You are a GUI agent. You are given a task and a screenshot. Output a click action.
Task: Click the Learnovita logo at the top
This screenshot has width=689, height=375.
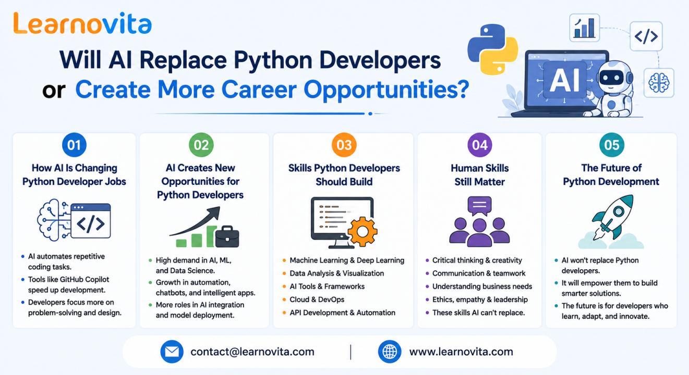pyautogui.click(x=82, y=23)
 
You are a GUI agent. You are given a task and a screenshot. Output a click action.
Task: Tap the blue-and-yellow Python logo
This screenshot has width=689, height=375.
pyautogui.click(x=493, y=49)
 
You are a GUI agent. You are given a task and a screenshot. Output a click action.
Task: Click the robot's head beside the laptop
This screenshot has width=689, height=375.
pyautogui.click(x=613, y=76)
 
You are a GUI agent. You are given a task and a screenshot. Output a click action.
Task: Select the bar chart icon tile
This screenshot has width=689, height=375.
pyautogui.click(x=584, y=28)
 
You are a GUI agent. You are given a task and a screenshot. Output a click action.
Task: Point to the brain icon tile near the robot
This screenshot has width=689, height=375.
pyautogui.click(x=659, y=83)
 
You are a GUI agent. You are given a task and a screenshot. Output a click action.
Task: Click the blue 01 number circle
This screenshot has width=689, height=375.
pyautogui.click(x=74, y=145)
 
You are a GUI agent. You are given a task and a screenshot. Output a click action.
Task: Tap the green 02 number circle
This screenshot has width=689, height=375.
pyautogui.click(x=201, y=145)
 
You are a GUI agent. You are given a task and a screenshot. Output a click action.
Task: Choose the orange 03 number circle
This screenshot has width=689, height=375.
pyautogui.click(x=344, y=145)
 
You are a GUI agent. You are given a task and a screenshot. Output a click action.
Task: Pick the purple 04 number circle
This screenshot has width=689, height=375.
pyautogui.click(x=479, y=145)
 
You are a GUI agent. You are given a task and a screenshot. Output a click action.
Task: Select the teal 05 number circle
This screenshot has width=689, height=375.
pyautogui.click(x=611, y=145)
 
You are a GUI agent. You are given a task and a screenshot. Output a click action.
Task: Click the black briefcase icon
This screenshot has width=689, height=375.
pyautogui.click(x=227, y=237)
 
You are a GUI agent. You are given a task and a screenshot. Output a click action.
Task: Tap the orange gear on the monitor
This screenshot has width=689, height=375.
pyautogui.click(x=362, y=232)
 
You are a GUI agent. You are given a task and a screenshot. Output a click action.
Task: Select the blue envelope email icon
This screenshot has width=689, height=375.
pyautogui.click(x=172, y=352)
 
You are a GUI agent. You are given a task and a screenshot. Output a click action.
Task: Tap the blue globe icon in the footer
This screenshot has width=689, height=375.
pyautogui.click(x=390, y=352)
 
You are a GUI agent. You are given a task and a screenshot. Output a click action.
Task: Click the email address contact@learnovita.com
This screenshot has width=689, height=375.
pyautogui.click(x=252, y=352)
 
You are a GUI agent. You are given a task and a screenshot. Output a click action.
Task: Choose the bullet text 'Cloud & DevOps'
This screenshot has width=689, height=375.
pyautogui.click(x=317, y=299)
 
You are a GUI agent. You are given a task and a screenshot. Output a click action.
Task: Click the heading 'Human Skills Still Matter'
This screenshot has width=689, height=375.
pyautogui.click(x=479, y=175)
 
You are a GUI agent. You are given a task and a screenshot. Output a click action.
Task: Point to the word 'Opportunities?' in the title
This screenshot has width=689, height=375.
pyautogui.click(x=386, y=90)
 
